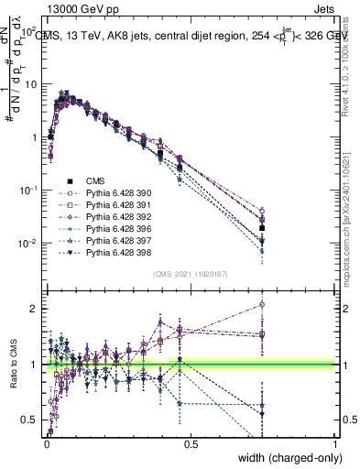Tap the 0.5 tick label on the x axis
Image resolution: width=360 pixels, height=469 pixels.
[x=191, y=444]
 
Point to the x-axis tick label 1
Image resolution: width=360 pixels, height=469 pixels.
[x=335, y=444]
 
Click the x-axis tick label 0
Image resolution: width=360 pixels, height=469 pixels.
[x=46, y=444]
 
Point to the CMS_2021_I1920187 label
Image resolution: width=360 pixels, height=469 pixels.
[x=190, y=274]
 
